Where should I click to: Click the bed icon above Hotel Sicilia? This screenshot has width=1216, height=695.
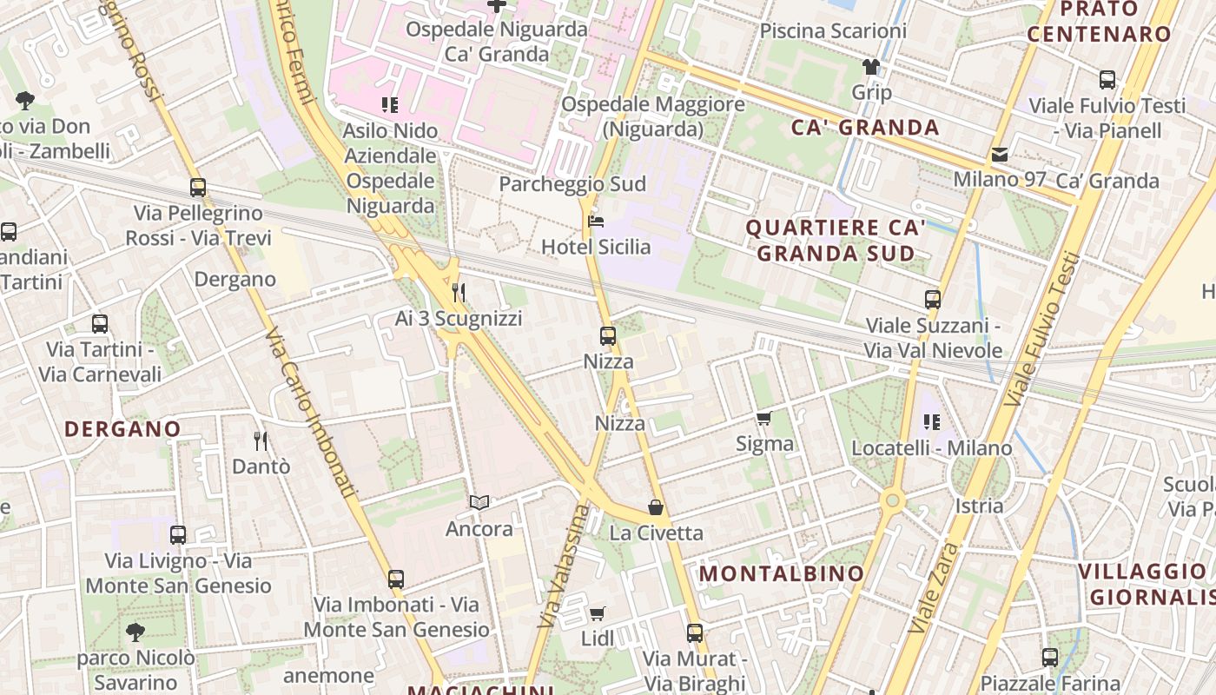pos(596,222)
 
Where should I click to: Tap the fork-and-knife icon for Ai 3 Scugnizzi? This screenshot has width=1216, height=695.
pos(459,293)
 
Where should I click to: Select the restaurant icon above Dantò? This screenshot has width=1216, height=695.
pos(260,441)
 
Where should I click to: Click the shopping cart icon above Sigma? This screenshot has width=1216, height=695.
pos(764,419)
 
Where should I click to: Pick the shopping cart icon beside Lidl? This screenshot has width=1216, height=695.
pos(598,614)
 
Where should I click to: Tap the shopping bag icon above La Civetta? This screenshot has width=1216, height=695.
pos(656,507)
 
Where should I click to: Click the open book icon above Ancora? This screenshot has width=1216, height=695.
pos(479,503)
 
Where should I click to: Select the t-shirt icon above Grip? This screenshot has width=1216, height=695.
pos(871,67)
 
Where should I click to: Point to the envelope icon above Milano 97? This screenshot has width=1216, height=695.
pos(1000,155)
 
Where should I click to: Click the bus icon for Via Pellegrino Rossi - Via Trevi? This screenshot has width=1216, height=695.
pos(198,188)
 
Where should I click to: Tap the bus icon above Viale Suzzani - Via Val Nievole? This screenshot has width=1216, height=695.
pos(933,300)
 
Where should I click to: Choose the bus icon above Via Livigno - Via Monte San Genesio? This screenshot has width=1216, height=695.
pos(178,535)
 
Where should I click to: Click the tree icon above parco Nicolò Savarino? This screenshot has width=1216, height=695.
pos(135,632)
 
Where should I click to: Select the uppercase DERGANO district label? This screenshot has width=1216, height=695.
pos(122,428)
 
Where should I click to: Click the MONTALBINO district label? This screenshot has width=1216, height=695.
pos(782,573)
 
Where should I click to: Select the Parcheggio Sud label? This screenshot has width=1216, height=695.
pos(572,184)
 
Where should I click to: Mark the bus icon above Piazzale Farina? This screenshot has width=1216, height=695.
pos(1050,658)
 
